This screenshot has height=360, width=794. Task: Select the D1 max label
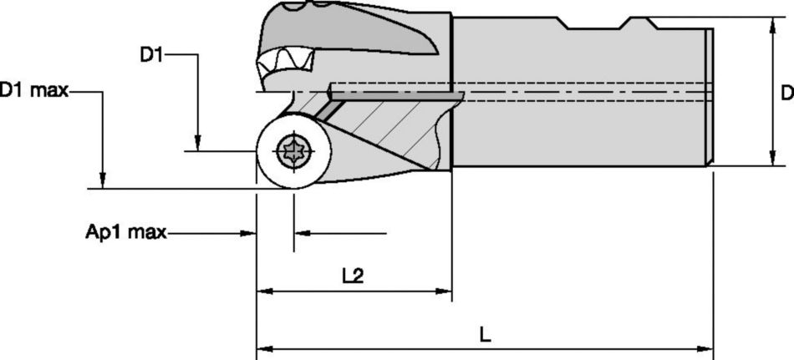coord(33,90)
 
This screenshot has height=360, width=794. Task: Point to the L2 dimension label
coord(354,276)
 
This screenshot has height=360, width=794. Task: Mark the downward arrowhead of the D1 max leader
coord(101,180)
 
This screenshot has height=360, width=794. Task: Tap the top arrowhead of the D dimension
coord(769,24)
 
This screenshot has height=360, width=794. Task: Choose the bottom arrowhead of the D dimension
coord(769,158)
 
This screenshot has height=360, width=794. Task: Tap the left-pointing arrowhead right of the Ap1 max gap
coord(303,233)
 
